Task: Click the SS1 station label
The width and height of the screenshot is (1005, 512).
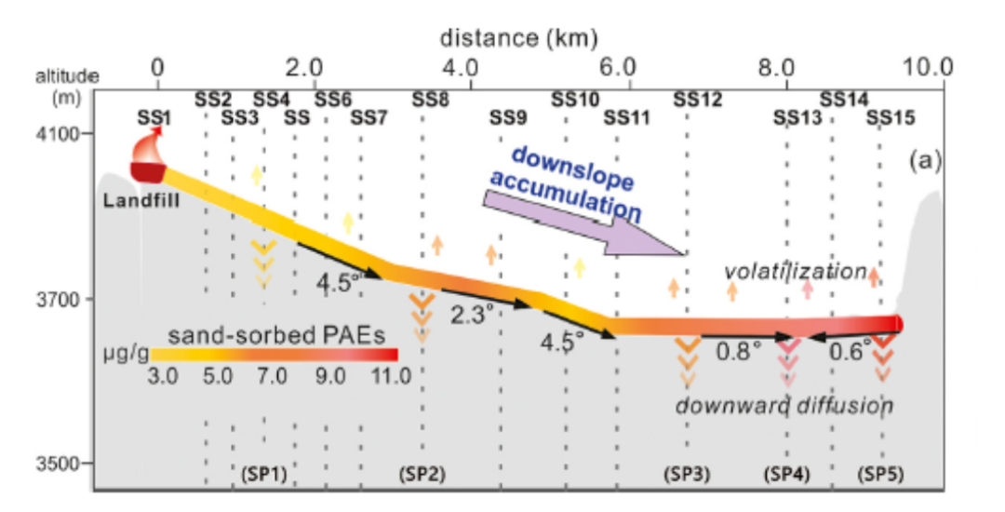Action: click(154, 117)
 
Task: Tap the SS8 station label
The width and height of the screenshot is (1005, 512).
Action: click(431, 98)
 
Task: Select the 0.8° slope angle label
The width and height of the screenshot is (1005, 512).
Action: click(738, 351)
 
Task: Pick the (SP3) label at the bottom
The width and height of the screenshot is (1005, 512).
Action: click(687, 473)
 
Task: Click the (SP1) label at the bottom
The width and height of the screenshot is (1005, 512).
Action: click(262, 473)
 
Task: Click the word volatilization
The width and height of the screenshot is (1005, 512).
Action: click(796, 271)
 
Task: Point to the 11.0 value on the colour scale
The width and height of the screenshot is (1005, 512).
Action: click(389, 376)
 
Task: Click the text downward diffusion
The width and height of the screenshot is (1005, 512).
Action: click(784, 405)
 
